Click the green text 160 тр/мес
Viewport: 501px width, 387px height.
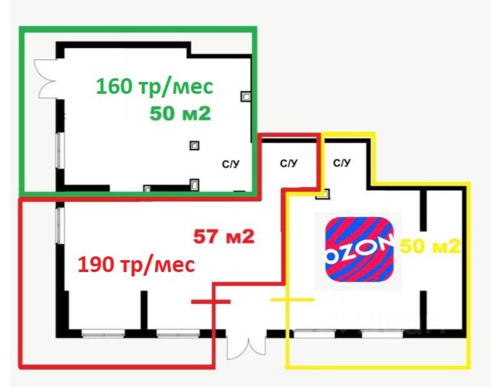point(154,86)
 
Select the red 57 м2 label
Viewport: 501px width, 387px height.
point(223,237)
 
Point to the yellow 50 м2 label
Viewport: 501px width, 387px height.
point(430,246)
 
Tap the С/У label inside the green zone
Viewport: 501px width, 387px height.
point(231,164)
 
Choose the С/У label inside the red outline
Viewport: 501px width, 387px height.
point(288,164)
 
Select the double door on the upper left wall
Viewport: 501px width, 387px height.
point(47,78)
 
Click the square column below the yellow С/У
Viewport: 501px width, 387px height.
point(322,193)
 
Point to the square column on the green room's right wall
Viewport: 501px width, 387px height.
point(246,96)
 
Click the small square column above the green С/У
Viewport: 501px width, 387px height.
point(195,145)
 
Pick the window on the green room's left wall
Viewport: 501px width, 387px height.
point(61,150)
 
